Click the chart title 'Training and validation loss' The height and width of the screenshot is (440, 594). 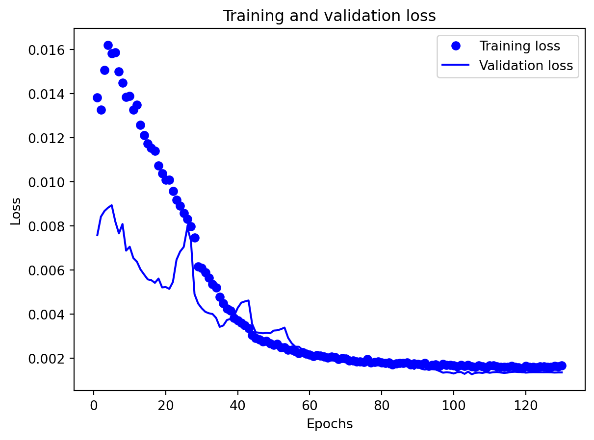click(x=329, y=16)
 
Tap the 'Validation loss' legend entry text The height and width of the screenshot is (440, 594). click(x=526, y=66)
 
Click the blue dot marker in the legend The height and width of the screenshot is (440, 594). click(x=456, y=46)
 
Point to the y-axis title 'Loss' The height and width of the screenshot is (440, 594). click(x=16, y=211)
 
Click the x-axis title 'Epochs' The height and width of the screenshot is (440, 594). click(x=329, y=424)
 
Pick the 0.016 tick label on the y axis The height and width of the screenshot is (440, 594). click(x=49, y=50)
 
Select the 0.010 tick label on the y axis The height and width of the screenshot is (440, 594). click(x=49, y=182)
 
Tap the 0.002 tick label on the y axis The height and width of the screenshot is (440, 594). click(x=49, y=359)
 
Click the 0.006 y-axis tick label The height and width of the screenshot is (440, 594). click(x=49, y=270)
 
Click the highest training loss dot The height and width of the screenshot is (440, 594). click(x=108, y=46)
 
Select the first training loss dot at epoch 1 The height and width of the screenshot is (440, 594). click(x=97, y=98)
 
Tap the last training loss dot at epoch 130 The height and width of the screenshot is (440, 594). click(x=562, y=366)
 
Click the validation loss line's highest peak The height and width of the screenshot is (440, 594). click(x=112, y=205)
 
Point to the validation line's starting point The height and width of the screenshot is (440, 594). click(x=97, y=235)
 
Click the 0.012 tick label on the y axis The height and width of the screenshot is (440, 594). click(x=49, y=138)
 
